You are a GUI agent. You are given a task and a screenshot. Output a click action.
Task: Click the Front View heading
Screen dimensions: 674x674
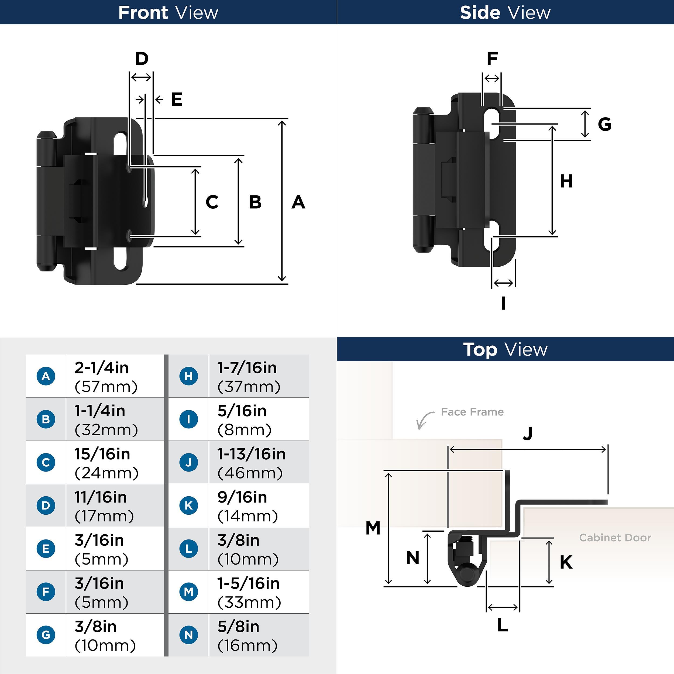tap(168, 13)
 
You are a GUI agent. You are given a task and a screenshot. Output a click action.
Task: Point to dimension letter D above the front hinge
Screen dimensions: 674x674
tap(142, 59)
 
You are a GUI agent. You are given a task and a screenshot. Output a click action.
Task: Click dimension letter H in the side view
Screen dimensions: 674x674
tap(566, 181)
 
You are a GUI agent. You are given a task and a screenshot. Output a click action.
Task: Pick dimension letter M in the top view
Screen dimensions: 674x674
tap(373, 528)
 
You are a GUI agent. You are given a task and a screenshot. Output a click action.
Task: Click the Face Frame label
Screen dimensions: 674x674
tap(472, 412)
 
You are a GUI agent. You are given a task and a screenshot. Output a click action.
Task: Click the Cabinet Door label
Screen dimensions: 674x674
tap(615, 538)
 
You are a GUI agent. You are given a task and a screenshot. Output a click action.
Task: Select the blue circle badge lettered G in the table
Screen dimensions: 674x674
tap(46, 635)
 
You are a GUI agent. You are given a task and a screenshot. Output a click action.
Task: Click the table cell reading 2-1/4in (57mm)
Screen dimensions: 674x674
tap(115, 376)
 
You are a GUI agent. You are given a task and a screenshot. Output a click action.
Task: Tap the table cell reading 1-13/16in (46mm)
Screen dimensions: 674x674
tap(259, 463)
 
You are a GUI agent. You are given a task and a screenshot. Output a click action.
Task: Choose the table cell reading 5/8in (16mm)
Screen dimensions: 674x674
tap(259, 635)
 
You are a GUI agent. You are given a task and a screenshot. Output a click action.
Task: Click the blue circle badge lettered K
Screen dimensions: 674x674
tap(189, 505)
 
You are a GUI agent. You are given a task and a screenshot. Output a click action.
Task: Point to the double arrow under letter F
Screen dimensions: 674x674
tap(492, 78)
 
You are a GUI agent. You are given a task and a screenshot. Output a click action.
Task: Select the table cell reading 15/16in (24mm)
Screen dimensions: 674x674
tap(115, 463)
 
